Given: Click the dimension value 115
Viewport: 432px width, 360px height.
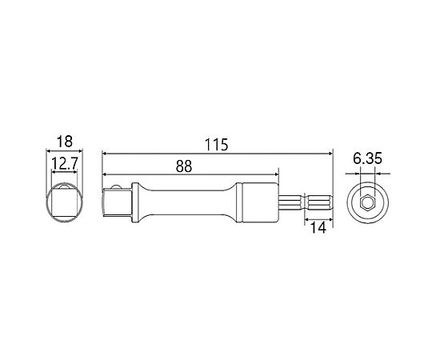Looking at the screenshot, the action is click(217, 145).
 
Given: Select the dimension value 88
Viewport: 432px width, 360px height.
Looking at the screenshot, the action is click(184, 166).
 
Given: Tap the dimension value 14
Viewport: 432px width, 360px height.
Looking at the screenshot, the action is click(318, 227).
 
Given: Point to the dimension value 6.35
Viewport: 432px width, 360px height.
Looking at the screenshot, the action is click(367, 158).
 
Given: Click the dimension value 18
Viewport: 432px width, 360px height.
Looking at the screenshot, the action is click(65, 142).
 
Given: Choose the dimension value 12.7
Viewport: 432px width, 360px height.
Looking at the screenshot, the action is click(65, 164).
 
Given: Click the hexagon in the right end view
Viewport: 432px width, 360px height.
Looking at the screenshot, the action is click(367, 203).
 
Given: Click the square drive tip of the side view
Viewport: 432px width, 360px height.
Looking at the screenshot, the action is click(117, 202).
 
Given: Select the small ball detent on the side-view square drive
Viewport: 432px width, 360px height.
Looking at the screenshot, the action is click(115, 186).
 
